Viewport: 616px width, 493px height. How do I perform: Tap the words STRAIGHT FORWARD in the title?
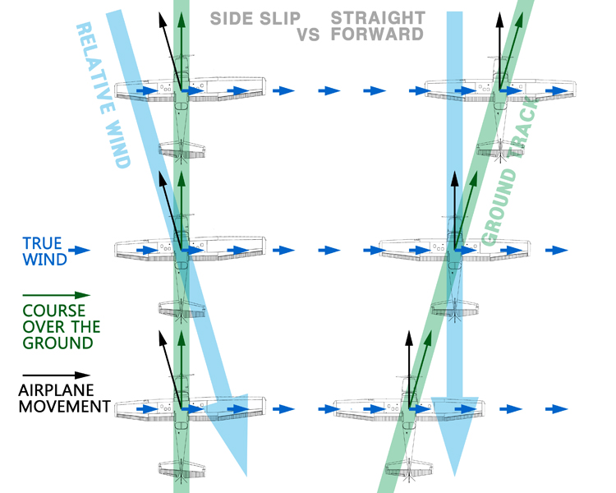click(379, 25)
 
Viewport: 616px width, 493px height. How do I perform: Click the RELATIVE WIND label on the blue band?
click(103, 94)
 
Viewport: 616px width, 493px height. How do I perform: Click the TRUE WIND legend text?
click(41, 251)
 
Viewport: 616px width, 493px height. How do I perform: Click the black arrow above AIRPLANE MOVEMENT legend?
click(56, 376)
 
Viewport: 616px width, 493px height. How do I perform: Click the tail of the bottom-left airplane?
click(182, 468)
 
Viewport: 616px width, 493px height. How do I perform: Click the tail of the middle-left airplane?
click(182, 307)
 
